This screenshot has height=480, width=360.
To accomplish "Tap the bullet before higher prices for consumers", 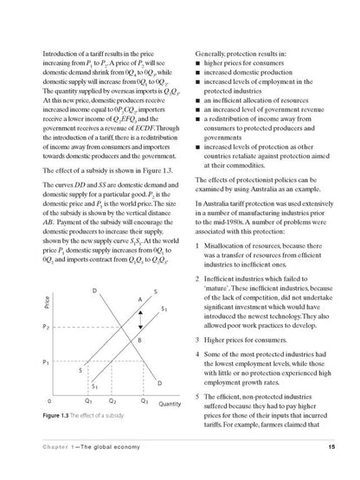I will coord(198,40).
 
